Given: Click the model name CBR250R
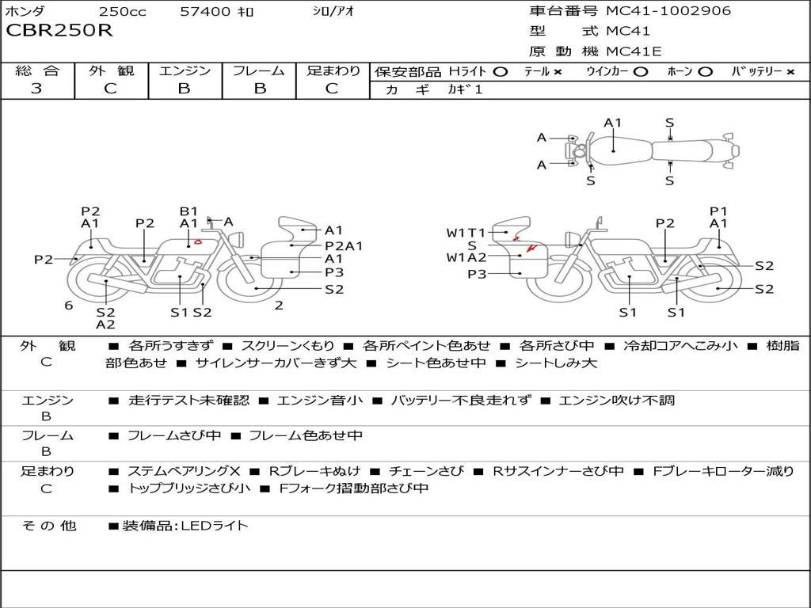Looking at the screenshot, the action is (59, 30).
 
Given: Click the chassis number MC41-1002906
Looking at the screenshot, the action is (668, 11).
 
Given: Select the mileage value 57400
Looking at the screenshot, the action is (205, 11).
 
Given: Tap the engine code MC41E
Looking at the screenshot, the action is (634, 51).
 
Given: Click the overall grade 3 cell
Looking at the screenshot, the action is (36, 89).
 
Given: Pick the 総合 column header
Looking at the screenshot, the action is (37, 70).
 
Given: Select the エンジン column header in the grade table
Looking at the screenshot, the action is (185, 70).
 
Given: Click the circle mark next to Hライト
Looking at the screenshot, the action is (501, 72).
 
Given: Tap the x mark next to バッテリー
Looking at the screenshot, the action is (790, 72).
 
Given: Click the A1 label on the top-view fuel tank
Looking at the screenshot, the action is (613, 123).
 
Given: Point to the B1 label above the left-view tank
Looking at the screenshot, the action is (188, 211).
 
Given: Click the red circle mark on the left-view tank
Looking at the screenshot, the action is (197, 241).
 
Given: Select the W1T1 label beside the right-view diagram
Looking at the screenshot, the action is (466, 233).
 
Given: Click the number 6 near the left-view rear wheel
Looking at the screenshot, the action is (69, 306).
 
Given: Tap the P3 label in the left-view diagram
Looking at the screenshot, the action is (334, 272).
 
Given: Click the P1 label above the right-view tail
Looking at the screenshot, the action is (718, 211).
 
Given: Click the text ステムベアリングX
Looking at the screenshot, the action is (184, 471).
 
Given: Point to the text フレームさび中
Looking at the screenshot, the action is (174, 436).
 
